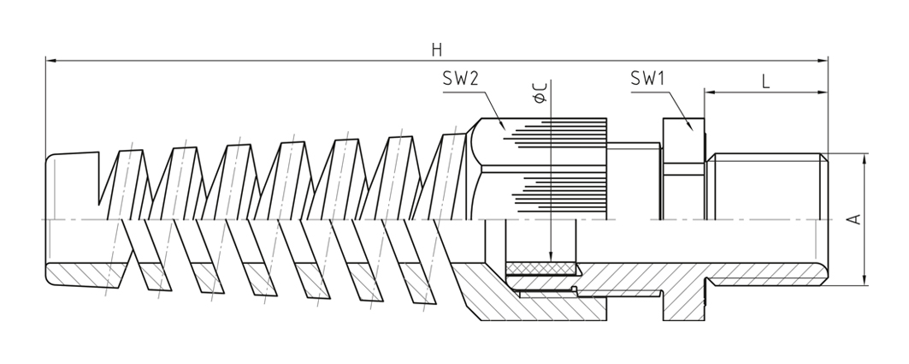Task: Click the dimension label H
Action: click(x=436, y=50)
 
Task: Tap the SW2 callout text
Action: click(x=460, y=79)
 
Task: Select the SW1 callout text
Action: click(x=647, y=79)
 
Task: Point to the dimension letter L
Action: click(x=766, y=82)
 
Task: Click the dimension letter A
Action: click(x=854, y=219)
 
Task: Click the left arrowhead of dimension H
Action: click(x=51, y=60)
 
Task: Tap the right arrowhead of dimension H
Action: click(x=822, y=60)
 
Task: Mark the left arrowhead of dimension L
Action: click(x=710, y=92)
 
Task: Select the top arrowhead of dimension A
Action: click(x=865, y=159)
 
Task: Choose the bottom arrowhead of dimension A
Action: click(x=865, y=280)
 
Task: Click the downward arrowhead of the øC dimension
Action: click(x=551, y=257)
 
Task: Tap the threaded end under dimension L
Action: click(x=766, y=187)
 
